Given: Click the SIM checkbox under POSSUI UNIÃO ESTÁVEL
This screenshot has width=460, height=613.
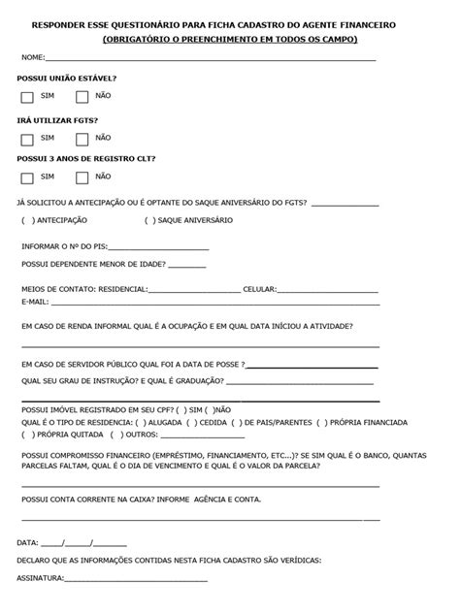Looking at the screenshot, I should (26, 96).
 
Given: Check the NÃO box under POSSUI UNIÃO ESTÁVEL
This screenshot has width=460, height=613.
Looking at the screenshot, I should (82, 96).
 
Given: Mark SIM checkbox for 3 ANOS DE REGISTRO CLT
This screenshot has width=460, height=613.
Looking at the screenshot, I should (26, 177).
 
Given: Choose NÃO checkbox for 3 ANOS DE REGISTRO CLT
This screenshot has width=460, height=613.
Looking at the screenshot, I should (82, 177).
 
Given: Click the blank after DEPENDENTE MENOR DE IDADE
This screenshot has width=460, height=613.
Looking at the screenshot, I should (186, 264).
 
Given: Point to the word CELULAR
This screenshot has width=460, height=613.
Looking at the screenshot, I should (259, 288).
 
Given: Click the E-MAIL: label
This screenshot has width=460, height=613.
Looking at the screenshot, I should (34, 302).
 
